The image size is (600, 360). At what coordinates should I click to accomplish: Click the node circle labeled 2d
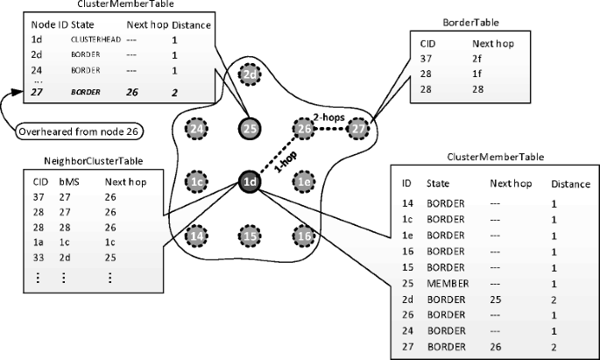point(251,76)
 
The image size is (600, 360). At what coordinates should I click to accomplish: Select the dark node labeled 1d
point(251,182)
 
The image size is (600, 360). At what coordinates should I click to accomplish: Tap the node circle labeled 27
point(357,130)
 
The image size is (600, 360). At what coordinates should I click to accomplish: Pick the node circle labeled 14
point(197,236)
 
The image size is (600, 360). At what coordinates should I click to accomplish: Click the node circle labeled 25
point(251,130)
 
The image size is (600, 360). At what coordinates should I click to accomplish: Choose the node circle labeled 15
point(251,236)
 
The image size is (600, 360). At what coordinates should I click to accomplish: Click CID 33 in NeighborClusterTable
point(39,258)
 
